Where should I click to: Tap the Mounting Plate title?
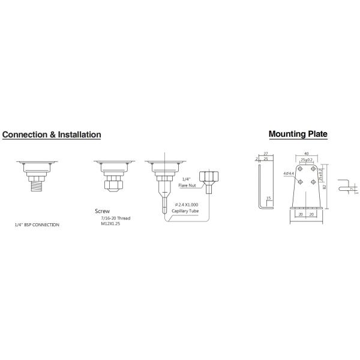coord(298,134)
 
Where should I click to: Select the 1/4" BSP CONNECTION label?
coord(37,224)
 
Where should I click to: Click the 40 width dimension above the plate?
coord(307,153)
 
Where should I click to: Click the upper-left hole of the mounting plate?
coord(300,172)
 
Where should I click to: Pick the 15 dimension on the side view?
coord(268,198)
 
